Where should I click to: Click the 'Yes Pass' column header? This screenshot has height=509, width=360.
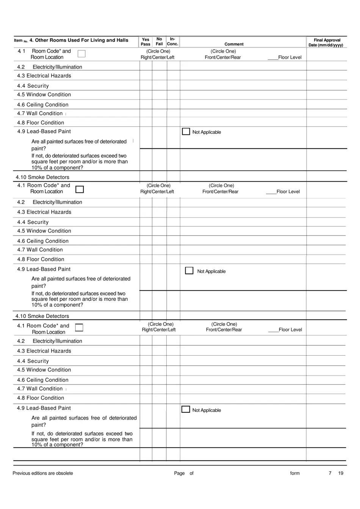[x=146, y=42]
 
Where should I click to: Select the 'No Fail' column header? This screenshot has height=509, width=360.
[x=159, y=41]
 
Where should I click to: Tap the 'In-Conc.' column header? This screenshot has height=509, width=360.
[x=172, y=41]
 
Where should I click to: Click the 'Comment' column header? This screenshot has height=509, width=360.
[x=234, y=44]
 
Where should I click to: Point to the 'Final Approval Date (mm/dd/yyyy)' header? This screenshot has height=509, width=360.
[x=326, y=42]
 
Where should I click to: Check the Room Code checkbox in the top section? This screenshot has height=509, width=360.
[x=81, y=54]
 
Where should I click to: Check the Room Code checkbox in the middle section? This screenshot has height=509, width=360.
[x=80, y=189]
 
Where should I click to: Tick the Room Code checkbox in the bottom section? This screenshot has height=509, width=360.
[x=79, y=328]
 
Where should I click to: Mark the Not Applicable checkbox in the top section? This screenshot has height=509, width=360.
[x=186, y=131]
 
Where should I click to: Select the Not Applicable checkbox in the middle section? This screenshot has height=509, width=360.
[x=189, y=270]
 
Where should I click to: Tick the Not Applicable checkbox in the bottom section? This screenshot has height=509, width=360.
[x=186, y=409]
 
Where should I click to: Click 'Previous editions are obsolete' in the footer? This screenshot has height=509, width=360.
[x=43, y=473]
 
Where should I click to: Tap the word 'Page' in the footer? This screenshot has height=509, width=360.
[x=179, y=473]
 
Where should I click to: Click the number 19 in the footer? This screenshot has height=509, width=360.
[x=341, y=473]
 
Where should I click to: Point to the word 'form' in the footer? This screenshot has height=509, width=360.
[x=295, y=473]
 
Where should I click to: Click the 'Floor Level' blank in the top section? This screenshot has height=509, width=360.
[x=273, y=58]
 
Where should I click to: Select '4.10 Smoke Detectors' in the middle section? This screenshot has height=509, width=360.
[x=42, y=316]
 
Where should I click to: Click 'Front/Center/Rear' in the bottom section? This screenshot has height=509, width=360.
[x=224, y=330]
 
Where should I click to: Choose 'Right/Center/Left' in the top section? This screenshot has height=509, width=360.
[x=158, y=58]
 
